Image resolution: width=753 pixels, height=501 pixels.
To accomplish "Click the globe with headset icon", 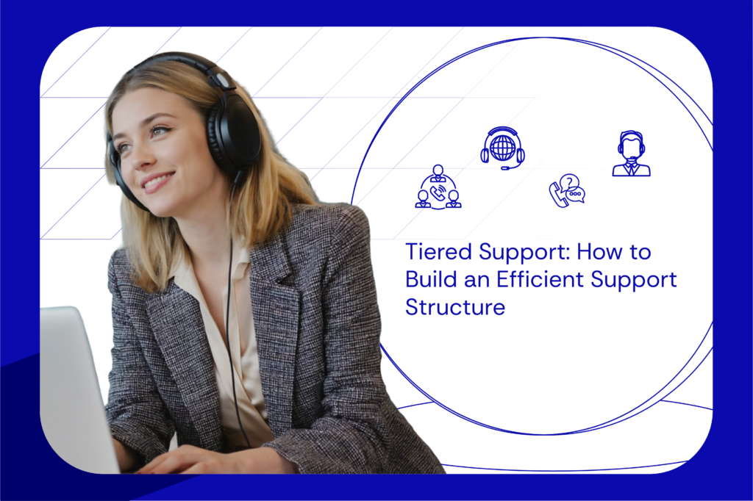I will pos(502,148).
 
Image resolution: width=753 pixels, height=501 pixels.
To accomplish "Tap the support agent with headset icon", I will pos(631,154).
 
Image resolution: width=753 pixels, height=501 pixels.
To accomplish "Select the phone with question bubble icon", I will pos(567,191).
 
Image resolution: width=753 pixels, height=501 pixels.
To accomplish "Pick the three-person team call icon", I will pos(438,188).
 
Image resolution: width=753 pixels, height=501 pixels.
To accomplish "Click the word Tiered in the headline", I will pos(439,253).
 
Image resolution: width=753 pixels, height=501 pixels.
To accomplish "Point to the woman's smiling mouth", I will pos(157,181).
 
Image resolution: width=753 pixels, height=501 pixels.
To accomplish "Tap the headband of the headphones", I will pos(176,64).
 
